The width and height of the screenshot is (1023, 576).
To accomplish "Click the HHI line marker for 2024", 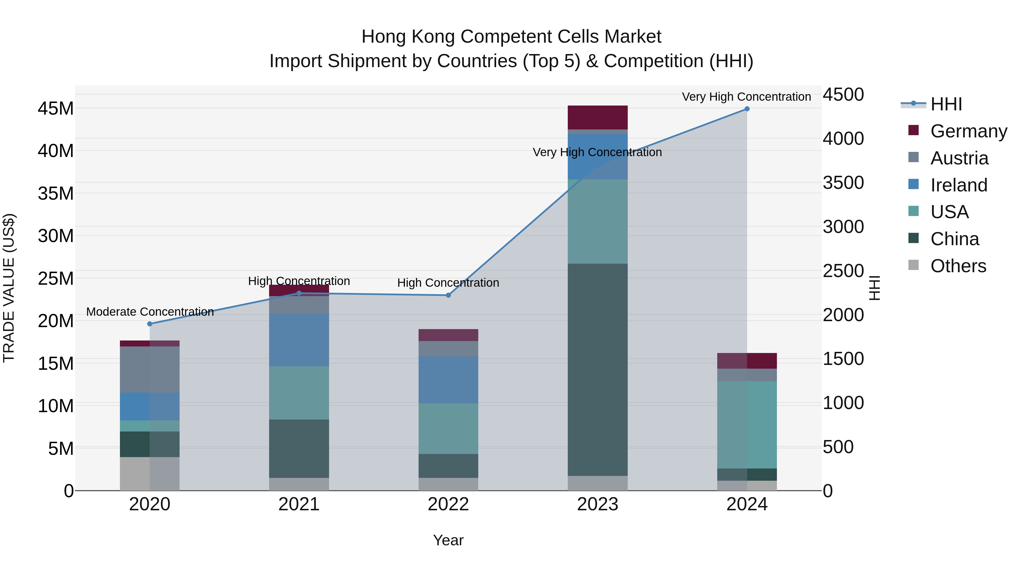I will (747, 109).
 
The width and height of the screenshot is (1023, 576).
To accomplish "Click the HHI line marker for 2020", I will (150, 324).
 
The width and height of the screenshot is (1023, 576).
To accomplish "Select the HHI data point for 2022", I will (448, 295).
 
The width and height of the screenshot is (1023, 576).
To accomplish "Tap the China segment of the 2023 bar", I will (597, 370).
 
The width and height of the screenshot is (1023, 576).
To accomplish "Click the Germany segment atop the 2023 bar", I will (597, 117).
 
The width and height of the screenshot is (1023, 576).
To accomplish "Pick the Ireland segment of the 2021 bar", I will (299, 340).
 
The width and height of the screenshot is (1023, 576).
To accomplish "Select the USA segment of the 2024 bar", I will (747, 425).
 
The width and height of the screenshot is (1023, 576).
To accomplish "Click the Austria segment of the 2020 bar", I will (150, 370).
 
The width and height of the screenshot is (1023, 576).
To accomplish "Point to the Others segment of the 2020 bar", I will (150, 474).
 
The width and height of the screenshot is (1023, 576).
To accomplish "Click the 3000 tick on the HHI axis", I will (843, 227).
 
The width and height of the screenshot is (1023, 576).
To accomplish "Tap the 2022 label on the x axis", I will (448, 504).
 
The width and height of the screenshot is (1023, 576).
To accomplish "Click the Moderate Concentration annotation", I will (150, 312).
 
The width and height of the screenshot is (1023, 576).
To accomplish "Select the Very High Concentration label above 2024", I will (746, 97).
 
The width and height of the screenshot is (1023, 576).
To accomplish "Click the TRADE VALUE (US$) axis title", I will (9, 288).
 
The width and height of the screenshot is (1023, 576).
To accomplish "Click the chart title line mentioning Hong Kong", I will (511, 37).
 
